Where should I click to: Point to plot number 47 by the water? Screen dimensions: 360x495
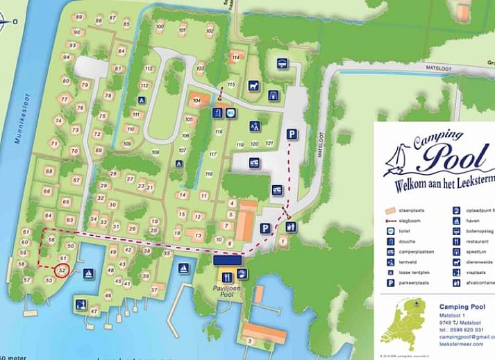tap(93, 312)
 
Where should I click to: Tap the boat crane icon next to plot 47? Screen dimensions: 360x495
tap(81, 303)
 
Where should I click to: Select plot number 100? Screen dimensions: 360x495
tap(160, 27)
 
